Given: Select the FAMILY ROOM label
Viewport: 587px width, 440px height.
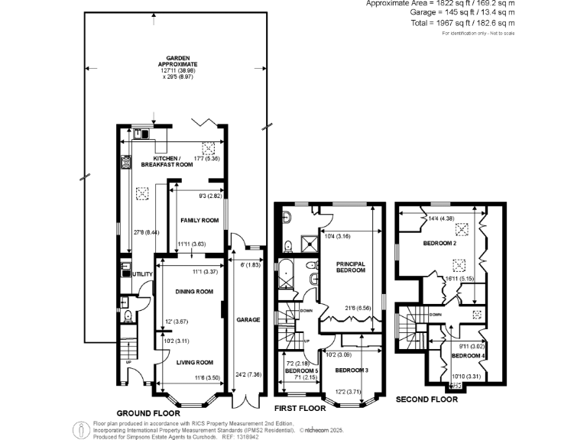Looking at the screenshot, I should pos(196,221).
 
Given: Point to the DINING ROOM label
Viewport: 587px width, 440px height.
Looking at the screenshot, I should pos(194,292).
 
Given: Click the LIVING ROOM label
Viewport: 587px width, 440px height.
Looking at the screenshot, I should pos(194,362).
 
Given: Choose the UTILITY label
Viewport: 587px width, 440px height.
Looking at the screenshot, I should pos(143,273).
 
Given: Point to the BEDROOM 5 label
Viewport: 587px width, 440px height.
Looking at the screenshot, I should pos(301,370).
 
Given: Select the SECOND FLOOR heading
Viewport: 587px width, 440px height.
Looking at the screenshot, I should pos(426,400).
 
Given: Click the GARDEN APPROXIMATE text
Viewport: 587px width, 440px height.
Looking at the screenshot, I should pos(177,63).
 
